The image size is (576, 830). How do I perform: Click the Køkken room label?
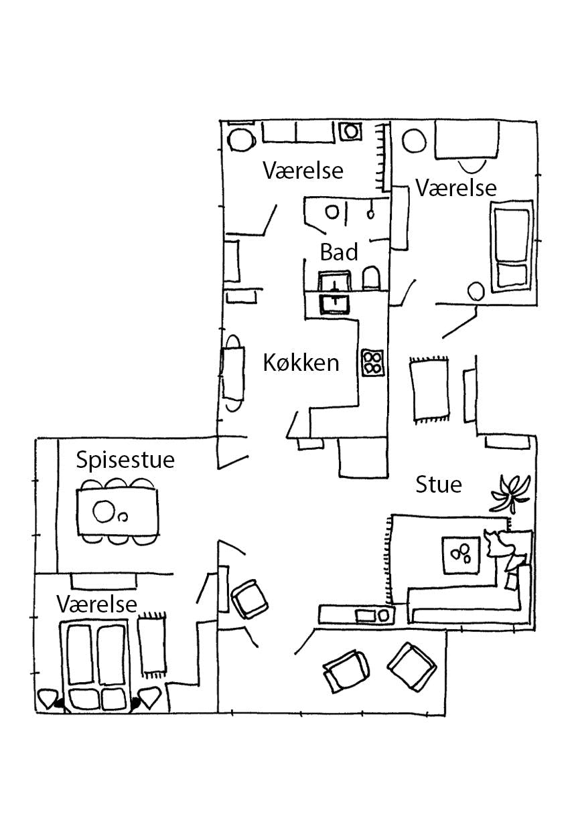click(x=301, y=363)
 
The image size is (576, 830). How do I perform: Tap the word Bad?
click(x=339, y=252)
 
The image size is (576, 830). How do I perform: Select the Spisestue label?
click(x=125, y=461)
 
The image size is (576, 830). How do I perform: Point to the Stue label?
click(x=439, y=484)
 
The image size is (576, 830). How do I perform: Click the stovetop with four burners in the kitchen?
click(x=372, y=363)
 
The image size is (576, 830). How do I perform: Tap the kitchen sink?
click(x=334, y=303)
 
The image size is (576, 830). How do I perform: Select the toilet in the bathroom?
click(x=371, y=278)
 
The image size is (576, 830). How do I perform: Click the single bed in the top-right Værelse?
click(x=512, y=248)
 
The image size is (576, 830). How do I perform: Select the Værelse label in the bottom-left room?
click(x=97, y=604)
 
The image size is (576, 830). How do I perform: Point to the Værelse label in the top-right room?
click(x=456, y=188)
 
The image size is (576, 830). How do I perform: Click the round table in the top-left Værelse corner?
click(x=241, y=140)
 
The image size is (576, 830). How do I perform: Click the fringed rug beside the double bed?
click(x=152, y=643)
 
